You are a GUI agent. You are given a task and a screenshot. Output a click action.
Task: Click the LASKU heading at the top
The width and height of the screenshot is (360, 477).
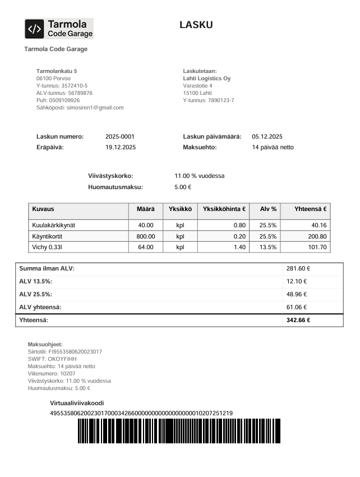(196, 25)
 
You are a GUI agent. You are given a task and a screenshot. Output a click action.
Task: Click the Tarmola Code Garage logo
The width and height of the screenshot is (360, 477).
(58, 29)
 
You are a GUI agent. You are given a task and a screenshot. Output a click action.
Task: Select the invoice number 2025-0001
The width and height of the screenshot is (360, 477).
(119, 136)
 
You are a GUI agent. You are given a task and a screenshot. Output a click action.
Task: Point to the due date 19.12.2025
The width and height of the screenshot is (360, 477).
(121, 147)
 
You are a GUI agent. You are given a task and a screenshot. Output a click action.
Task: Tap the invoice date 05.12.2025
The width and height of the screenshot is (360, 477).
(267, 136)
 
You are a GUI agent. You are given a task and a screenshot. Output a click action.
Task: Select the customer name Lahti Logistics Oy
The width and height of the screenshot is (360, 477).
(206, 79)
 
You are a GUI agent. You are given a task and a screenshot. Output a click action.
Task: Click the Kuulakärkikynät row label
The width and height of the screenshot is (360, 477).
(54, 226)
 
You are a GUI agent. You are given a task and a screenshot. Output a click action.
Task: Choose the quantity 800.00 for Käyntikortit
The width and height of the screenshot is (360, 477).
(145, 236)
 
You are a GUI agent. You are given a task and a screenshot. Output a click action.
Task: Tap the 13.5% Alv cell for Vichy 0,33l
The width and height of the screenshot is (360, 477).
(267, 247)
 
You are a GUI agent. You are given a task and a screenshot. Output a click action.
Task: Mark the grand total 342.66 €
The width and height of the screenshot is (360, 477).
(298, 320)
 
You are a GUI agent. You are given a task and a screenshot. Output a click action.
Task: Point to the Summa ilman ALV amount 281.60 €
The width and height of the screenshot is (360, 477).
(298, 269)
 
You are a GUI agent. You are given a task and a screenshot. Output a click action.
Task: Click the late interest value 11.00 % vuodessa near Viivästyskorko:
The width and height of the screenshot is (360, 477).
(199, 176)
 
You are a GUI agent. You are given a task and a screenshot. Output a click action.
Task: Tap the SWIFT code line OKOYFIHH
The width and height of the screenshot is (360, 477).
(52, 359)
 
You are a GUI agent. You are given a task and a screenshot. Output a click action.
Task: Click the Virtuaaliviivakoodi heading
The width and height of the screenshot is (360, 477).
(77, 403)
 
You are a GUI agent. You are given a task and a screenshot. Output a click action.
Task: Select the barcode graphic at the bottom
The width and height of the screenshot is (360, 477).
(179, 431)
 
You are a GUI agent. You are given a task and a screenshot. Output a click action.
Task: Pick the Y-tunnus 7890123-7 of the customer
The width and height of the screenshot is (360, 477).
(208, 100)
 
